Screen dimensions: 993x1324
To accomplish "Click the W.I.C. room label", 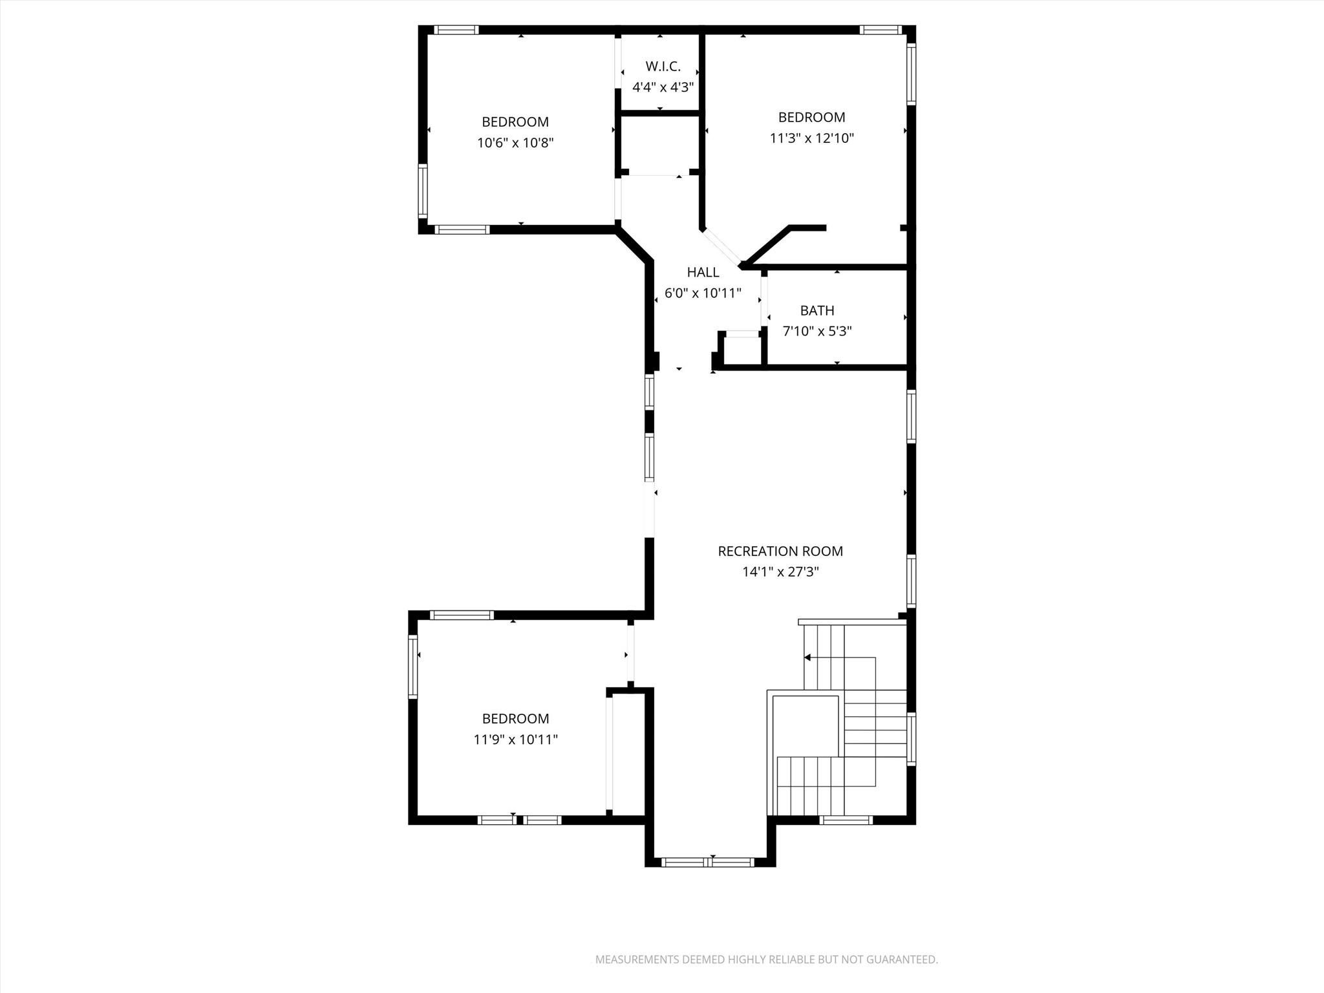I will (663, 66).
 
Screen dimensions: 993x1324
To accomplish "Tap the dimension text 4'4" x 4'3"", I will (663, 87).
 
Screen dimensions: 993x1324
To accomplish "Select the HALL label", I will (703, 272).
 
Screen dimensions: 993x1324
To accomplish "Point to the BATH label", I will (817, 310).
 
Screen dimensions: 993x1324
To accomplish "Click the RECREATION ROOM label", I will (780, 551).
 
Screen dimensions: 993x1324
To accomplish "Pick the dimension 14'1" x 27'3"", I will (780, 571).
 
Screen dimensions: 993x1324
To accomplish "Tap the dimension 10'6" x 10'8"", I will (515, 142).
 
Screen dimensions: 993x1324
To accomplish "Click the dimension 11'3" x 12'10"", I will (811, 138).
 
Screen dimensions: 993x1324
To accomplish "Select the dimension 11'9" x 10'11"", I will (515, 739).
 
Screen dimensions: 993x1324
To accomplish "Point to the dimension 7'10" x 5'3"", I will (817, 331).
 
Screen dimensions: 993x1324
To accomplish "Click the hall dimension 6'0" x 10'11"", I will (703, 293).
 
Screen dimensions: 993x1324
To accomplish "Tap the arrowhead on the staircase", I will (807, 657).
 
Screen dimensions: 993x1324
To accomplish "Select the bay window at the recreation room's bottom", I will (709, 862).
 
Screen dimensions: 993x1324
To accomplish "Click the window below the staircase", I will (846, 820).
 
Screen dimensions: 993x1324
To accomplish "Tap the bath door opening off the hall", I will (763, 301).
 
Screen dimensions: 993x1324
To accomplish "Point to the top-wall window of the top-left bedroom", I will (456, 30).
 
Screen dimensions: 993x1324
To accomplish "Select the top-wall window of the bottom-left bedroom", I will (462, 615).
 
